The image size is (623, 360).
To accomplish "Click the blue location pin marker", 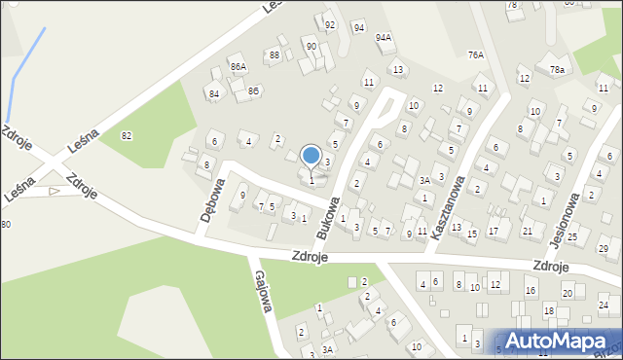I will (x=311, y=156).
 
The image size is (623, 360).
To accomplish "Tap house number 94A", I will (x=384, y=37).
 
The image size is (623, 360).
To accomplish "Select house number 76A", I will (x=475, y=54).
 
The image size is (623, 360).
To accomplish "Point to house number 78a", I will (x=556, y=70).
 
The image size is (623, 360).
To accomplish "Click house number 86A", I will (x=238, y=66).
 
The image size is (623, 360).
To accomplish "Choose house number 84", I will (x=213, y=93).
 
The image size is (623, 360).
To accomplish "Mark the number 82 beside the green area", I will (x=127, y=136).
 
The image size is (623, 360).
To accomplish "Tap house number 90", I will (x=311, y=46).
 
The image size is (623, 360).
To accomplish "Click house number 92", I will (x=330, y=24).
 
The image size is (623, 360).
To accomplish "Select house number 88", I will (x=275, y=55).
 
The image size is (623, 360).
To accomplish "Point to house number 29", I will (x=603, y=249).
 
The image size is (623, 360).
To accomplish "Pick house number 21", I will (x=527, y=231).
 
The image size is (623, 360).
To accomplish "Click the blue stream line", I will (x=24, y=68).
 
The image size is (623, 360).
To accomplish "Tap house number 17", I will (x=493, y=231).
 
